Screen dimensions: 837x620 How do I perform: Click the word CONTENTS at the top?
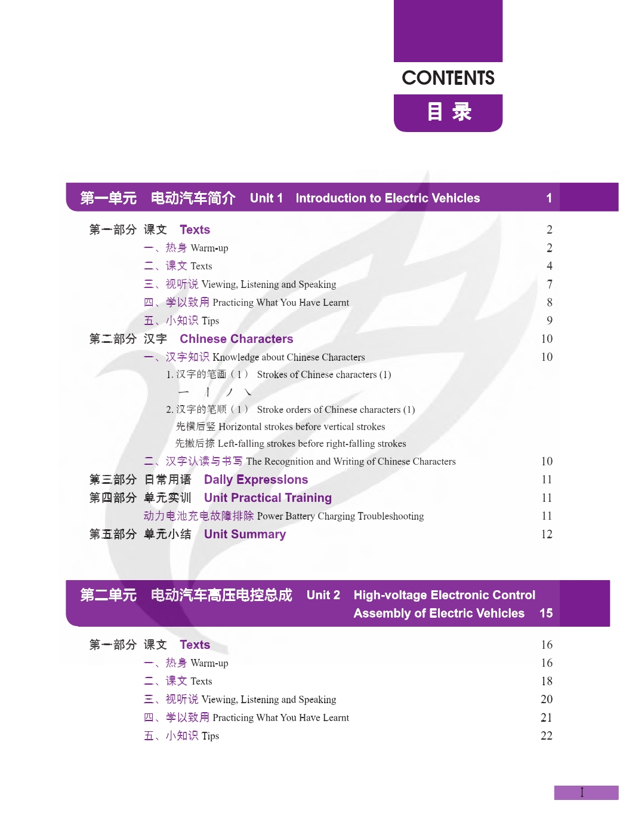point(448,78)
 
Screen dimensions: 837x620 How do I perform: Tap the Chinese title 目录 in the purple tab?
point(449,112)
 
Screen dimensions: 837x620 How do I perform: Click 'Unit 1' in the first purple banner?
point(266,198)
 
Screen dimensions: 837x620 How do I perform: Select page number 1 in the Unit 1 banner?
point(549,198)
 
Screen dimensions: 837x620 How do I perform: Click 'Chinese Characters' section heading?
point(236,339)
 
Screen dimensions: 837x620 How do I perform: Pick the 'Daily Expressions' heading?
point(256,480)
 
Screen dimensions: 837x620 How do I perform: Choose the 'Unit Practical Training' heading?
point(268,498)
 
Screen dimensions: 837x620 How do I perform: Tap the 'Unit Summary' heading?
point(245,535)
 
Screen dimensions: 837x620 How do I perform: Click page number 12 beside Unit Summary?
point(547,535)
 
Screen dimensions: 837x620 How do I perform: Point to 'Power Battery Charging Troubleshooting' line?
point(340,516)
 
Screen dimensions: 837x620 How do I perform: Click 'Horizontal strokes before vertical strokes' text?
point(301,427)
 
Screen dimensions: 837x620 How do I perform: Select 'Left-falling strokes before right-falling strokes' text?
point(311,444)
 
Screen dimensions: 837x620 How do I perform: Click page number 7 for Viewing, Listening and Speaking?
point(550,284)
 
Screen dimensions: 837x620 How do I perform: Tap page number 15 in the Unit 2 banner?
point(546,614)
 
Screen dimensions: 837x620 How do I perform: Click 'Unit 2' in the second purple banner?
point(323,596)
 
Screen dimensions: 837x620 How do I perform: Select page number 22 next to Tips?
point(547,736)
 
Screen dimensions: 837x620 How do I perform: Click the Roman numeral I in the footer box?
point(582,793)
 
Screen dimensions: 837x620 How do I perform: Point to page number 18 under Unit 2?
point(547,682)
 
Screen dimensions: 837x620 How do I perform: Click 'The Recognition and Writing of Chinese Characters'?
point(351,462)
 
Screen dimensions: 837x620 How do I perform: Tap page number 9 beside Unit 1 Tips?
point(550,321)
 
